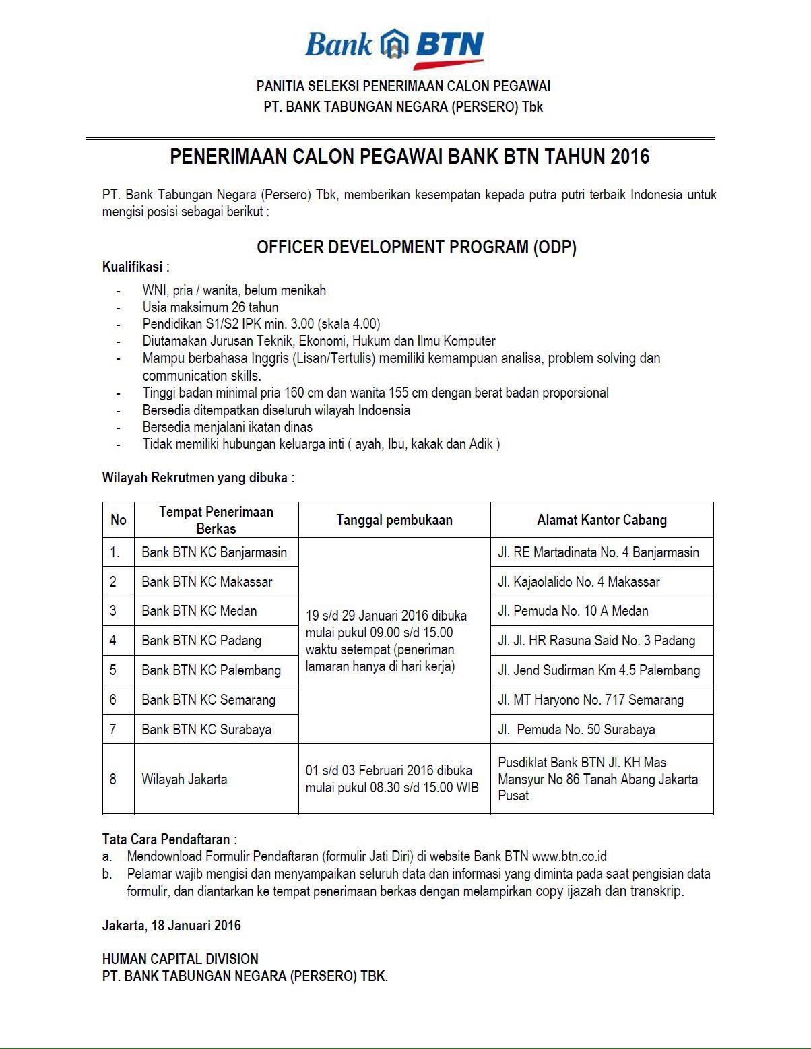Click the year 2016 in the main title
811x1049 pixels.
pyautogui.click(x=630, y=157)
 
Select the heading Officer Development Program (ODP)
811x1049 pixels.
pyautogui.click(x=416, y=247)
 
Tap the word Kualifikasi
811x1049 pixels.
pyautogui.click(x=133, y=267)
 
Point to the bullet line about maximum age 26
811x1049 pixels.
pyautogui.click(x=210, y=307)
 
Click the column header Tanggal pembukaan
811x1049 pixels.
pyautogui.click(x=394, y=520)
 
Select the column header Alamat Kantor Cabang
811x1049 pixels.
pyautogui.click(x=602, y=520)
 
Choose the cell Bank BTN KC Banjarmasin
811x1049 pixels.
pyautogui.click(x=214, y=552)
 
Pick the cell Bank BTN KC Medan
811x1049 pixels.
pyautogui.click(x=199, y=611)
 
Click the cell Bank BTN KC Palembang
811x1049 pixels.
pyautogui.click(x=211, y=670)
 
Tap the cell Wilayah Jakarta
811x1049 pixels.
pyautogui.click(x=184, y=780)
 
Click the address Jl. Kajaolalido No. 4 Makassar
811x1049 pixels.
pyautogui.click(x=579, y=582)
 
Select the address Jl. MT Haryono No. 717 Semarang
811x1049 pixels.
pyautogui.click(x=590, y=700)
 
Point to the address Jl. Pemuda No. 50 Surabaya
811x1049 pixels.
pyautogui.click(x=576, y=730)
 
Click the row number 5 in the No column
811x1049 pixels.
pyautogui.click(x=113, y=670)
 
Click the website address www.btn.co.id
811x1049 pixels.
pyautogui.click(x=569, y=857)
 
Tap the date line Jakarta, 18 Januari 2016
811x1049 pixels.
pyautogui.click(x=171, y=926)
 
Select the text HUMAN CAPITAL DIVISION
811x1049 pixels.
pyautogui.click(x=180, y=959)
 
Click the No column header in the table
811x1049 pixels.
pyautogui.click(x=118, y=520)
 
